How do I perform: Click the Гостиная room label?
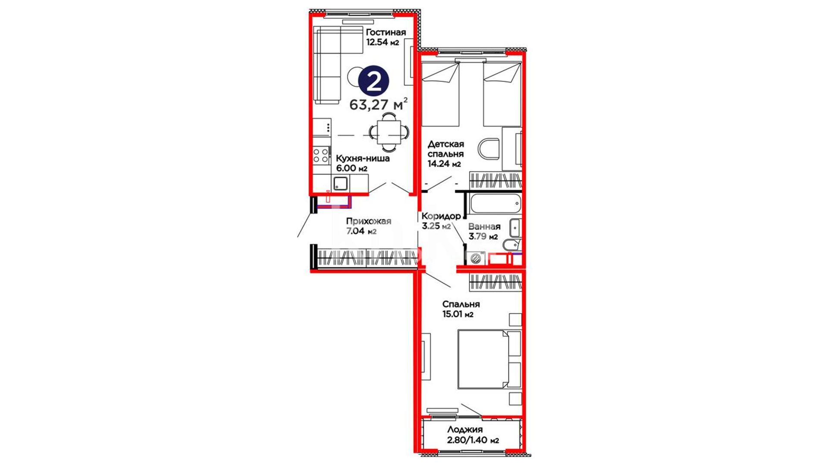pos(386,32)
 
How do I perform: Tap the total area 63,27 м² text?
pos(378,104)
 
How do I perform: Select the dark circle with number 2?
pos(374,81)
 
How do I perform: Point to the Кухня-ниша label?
pos(363,158)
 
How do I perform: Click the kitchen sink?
pos(340,183)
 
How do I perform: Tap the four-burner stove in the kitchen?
pos(321,155)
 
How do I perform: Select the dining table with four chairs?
pos(389,132)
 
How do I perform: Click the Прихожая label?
pos(369,221)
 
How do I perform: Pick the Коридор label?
pos(441,216)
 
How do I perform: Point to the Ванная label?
pos(484,227)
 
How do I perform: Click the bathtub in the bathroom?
pos(495,204)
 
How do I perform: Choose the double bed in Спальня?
pos(489,359)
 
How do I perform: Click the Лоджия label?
pos(465,430)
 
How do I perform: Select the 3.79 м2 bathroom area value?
pos(483,236)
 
